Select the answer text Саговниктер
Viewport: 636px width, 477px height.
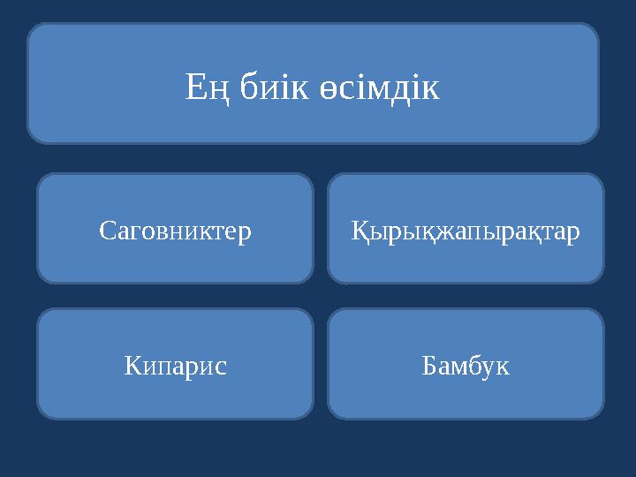click(x=175, y=231)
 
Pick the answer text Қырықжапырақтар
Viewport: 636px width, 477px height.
click(x=466, y=232)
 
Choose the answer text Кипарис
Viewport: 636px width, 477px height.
click(x=175, y=365)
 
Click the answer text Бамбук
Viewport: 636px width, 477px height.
click(x=466, y=364)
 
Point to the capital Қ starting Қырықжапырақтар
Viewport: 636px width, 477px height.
click(x=360, y=232)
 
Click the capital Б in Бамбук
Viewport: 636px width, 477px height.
click(x=430, y=364)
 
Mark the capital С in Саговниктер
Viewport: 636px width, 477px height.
click(x=106, y=231)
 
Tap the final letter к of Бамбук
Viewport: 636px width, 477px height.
click(x=503, y=366)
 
